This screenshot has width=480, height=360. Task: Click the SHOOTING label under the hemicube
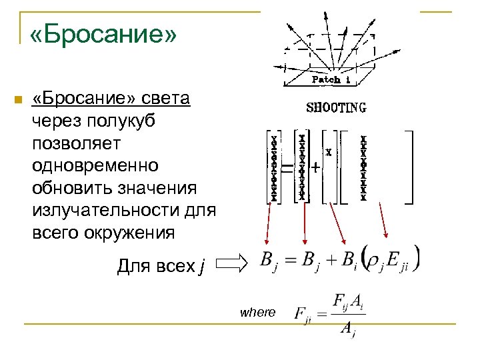click(336, 107)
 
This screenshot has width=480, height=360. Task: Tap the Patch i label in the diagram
click(326, 80)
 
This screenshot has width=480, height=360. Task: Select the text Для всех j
click(161, 267)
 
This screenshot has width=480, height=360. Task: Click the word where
click(257, 312)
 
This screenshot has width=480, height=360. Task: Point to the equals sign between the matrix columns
click(287, 169)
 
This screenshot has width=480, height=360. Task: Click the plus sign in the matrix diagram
click(314, 169)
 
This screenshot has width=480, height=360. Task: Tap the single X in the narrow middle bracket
click(329, 153)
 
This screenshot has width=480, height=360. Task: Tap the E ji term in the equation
click(398, 262)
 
